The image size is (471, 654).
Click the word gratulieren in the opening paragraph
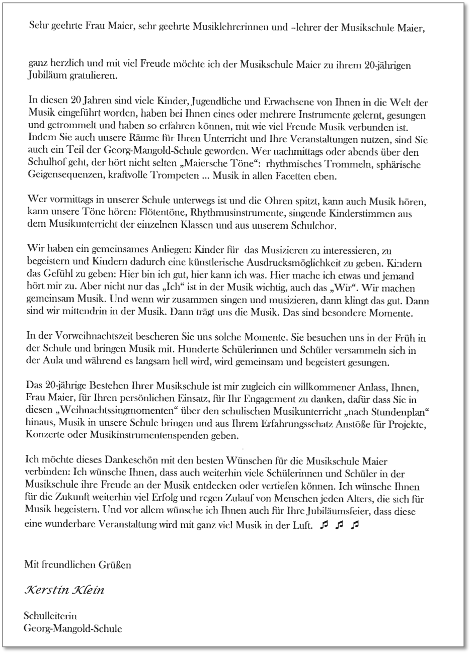tap(95, 76)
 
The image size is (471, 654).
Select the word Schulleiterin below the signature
tap(49, 615)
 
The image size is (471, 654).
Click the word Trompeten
tap(182, 176)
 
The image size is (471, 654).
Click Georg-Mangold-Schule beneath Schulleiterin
tap(72, 628)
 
